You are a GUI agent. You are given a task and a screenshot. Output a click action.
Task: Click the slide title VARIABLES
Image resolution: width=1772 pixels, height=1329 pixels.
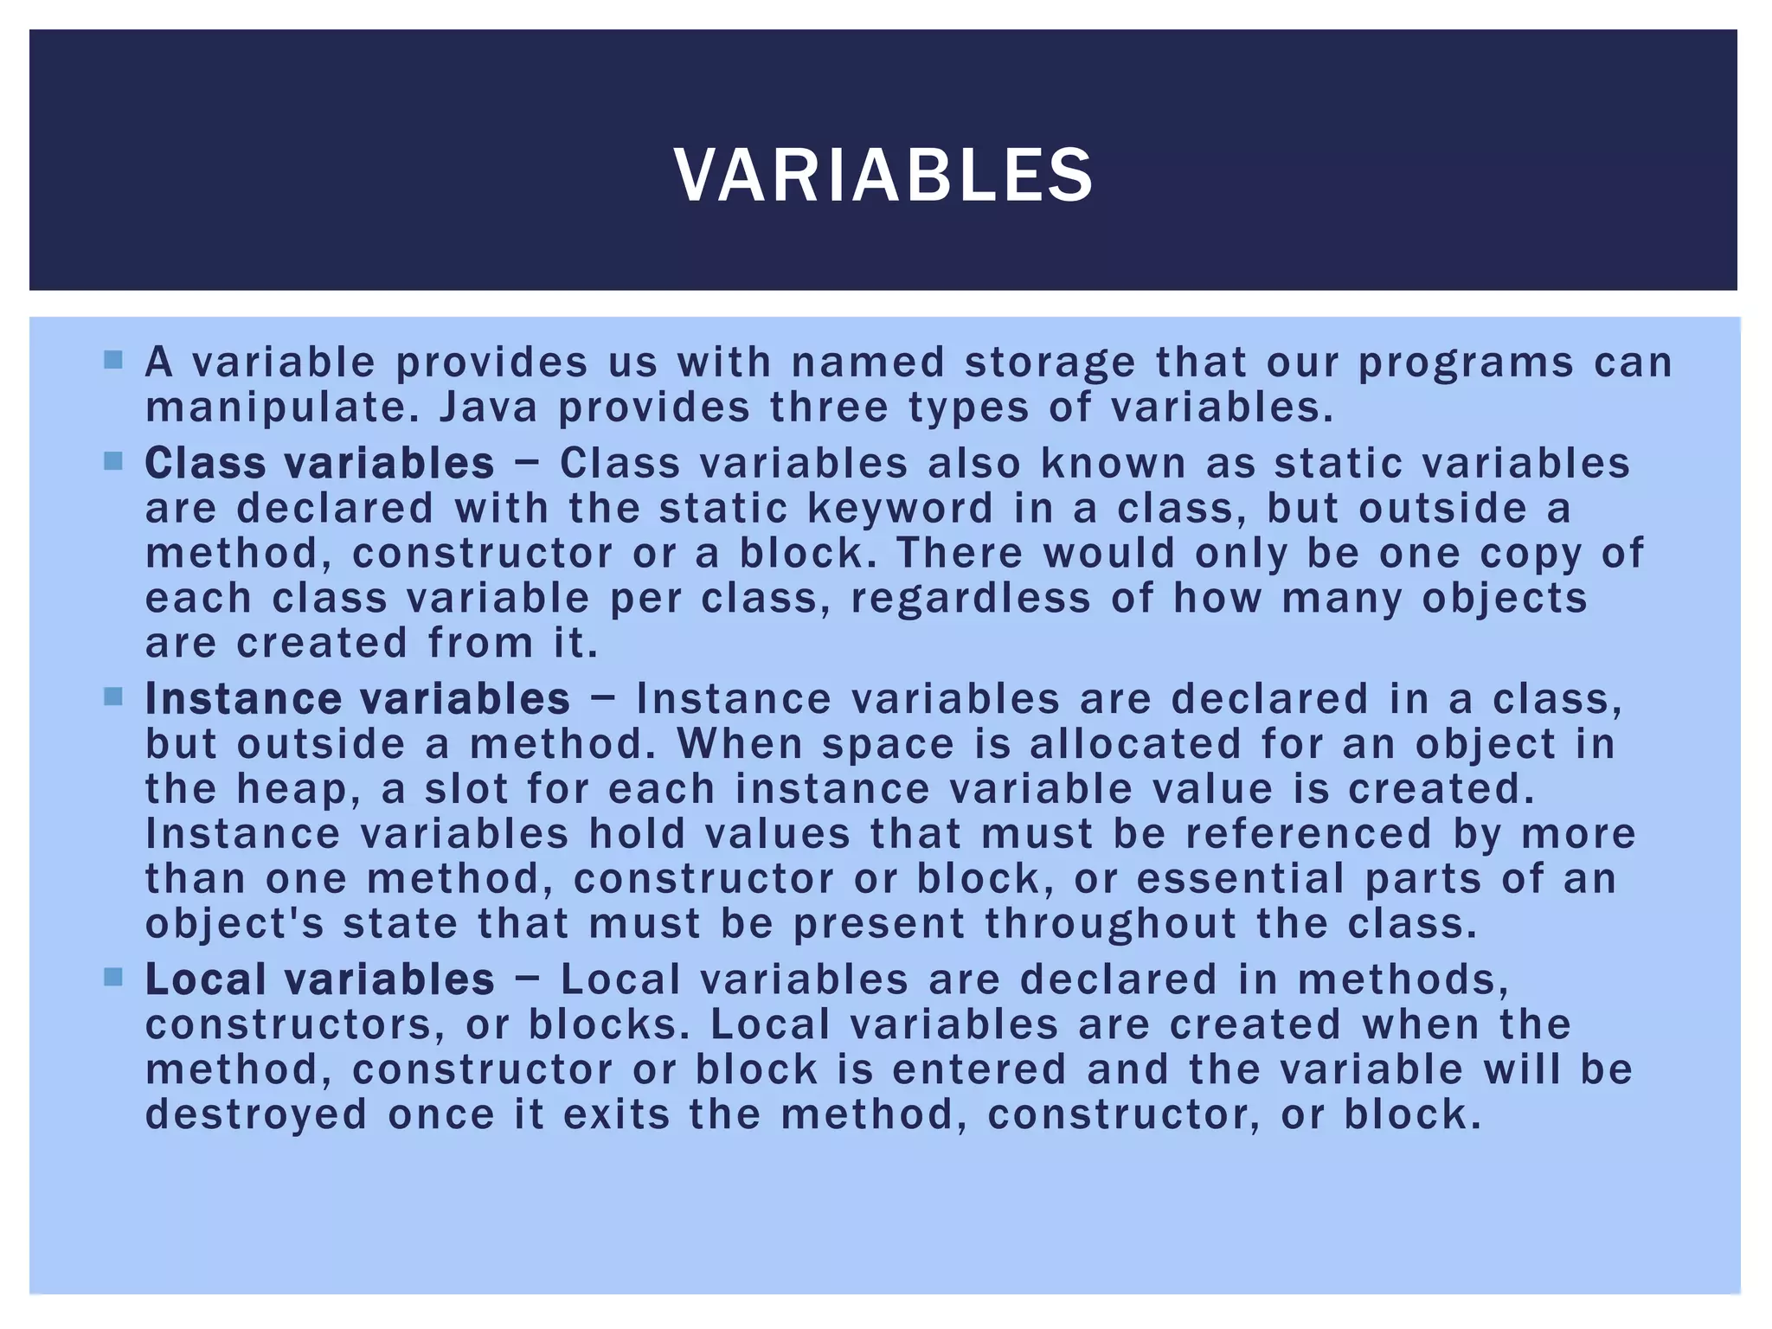(883, 176)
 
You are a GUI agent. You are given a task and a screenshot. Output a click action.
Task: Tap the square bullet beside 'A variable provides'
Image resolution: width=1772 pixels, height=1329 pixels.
(113, 359)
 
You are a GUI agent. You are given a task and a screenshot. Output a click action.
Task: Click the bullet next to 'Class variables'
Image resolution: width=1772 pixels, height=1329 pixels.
(113, 460)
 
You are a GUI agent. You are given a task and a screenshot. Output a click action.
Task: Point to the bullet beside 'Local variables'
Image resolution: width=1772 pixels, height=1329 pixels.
(113, 977)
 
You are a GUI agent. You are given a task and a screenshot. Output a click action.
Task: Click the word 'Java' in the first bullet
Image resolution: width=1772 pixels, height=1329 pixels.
(488, 408)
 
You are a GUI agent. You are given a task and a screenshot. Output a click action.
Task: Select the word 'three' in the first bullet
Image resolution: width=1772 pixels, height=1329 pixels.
(829, 408)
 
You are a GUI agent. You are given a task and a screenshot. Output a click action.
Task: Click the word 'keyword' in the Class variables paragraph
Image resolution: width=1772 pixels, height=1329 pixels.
(900, 508)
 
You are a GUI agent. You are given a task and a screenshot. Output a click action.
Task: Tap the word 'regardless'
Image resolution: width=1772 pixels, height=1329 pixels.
(970, 598)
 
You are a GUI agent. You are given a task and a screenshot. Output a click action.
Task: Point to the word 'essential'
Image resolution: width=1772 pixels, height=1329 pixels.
(1240, 879)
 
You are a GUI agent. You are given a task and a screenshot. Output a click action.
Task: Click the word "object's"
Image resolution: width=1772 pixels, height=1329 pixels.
(234, 924)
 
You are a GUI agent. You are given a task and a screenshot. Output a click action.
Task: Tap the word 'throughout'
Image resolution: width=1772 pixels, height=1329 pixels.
(1110, 924)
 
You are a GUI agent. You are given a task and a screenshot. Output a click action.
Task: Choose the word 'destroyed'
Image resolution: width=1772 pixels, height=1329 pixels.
(256, 1114)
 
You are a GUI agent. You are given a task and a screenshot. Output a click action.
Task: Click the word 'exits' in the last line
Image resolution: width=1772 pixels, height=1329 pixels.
(616, 1114)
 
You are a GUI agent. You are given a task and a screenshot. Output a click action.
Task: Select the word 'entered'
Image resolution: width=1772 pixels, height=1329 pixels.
(979, 1069)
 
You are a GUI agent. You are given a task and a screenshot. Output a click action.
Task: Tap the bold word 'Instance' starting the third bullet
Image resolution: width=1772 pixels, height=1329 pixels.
(241, 699)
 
